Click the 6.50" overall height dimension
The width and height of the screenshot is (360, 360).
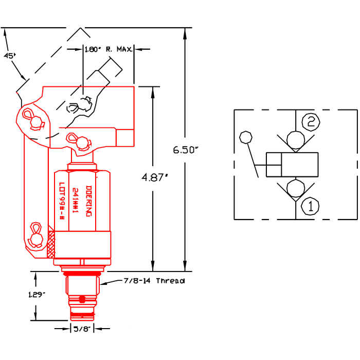click(186, 150)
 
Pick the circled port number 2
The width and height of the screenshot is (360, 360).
click(310, 122)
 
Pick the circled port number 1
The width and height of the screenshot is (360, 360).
click(310, 206)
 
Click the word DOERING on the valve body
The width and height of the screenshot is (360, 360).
click(88, 201)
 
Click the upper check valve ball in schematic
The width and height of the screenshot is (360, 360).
click(295, 139)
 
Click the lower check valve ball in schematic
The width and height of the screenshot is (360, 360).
click(295, 189)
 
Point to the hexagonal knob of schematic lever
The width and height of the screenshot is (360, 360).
click(246, 137)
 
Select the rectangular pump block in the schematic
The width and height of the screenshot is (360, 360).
click(292, 165)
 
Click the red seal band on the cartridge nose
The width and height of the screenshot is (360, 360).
click(82, 312)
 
